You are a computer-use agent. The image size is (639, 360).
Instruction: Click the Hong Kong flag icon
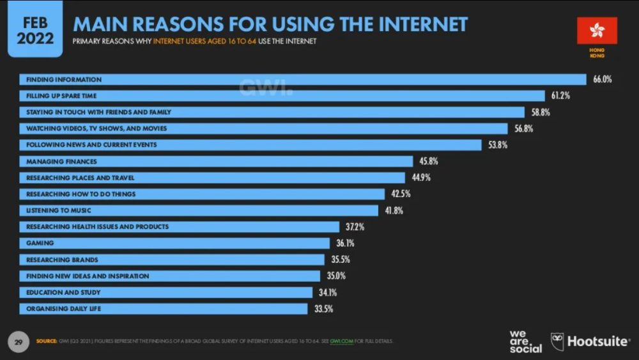click(x=597, y=30)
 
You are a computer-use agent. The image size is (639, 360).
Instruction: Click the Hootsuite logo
click(x=590, y=341)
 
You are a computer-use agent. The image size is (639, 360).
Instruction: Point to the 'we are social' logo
click(x=525, y=341)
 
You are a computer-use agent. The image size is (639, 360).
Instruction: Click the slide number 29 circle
click(x=19, y=341)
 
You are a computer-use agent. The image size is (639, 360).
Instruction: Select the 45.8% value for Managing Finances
click(x=429, y=161)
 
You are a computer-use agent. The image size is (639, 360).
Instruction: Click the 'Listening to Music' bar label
click(x=59, y=210)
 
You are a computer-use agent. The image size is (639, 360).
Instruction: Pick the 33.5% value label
click(x=323, y=309)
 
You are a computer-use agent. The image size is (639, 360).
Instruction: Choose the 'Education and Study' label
click(x=63, y=292)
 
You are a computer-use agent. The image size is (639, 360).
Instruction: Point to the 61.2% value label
click(x=560, y=96)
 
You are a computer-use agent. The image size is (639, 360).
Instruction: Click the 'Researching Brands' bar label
click(x=62, y=260)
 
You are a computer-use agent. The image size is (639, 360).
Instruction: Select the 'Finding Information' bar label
click(x=64, y=79)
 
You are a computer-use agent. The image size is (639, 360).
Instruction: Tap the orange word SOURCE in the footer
click(x=47, y=341)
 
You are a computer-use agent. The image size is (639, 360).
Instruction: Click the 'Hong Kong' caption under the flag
click(x=597, y=52)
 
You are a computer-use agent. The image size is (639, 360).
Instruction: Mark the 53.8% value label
click(x=498, y=145)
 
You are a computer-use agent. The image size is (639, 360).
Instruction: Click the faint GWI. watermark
click(x=266, y=88)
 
